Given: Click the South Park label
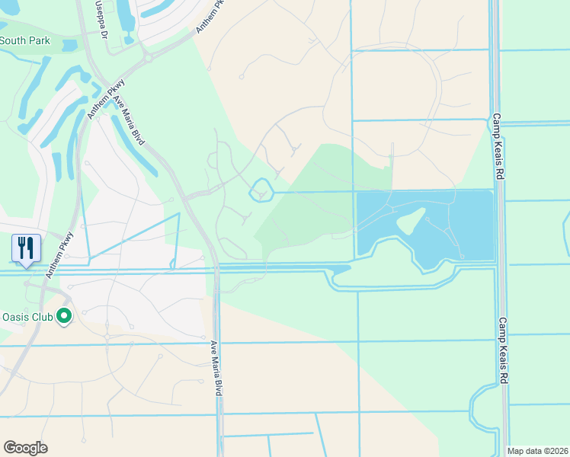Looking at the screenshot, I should coord(24,40).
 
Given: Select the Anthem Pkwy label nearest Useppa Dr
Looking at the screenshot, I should coord(212,15).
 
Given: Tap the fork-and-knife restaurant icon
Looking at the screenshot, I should coord(26,248).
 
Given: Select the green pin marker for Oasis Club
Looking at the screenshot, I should coord(65,315).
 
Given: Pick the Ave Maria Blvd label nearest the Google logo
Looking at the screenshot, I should coord(217,366).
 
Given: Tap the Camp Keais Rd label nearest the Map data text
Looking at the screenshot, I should coord(503,351).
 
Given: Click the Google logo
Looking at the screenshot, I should coord(25,448).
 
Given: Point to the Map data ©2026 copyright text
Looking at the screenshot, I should coord(537,451).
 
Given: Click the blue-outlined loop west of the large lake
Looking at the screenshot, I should coord(261,190).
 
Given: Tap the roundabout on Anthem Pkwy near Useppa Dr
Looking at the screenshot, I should coord(147,56).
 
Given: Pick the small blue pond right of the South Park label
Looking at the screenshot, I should coord(69,45).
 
